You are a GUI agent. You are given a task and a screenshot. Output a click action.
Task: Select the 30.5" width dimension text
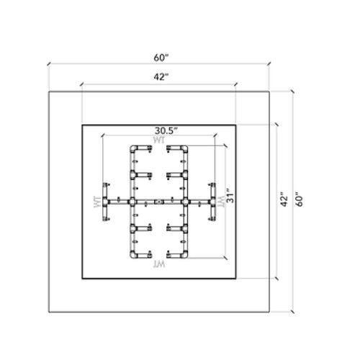(166, 130)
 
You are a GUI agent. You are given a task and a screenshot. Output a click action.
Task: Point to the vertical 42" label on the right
(283, 199)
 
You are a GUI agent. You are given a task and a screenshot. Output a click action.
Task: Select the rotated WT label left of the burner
(96, 202)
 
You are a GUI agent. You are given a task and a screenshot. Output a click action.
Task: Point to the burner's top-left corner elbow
(132, 148)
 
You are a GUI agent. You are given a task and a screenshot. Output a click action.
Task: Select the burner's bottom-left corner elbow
(132, 256)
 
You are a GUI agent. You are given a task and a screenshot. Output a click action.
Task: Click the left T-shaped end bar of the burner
(106, 202)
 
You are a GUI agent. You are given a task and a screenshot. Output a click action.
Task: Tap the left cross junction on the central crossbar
(132, 202)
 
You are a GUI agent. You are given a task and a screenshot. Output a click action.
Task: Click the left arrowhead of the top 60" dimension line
(49, 64)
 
